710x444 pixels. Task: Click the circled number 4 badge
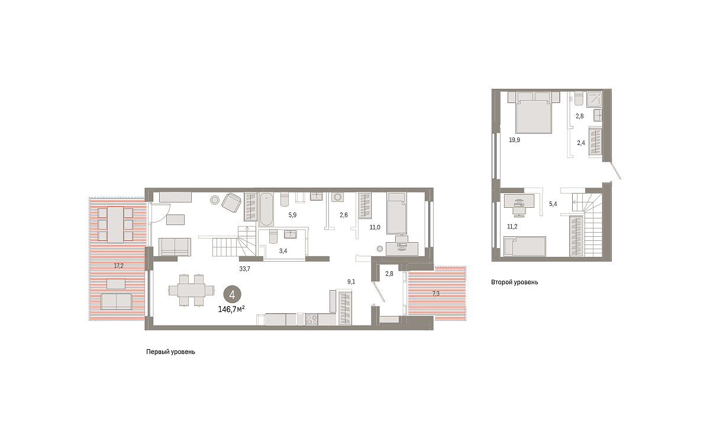tap(233, 295)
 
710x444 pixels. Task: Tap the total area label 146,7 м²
tap(231, 309)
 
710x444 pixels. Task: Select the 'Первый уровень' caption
tap(170, 352)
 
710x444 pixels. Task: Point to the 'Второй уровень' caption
tap(514, 282)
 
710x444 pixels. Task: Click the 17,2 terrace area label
tap(118, 266)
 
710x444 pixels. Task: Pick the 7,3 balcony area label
tap(436, 294)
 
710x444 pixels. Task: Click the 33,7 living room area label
tap(245, 269)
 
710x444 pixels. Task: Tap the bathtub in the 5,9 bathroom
tap(267, 209)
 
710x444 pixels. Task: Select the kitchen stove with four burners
tap(312, 319)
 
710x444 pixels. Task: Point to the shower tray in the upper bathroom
tap(594, 99)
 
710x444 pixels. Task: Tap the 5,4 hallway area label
tap(553, 204)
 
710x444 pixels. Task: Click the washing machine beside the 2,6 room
tap(338, 197)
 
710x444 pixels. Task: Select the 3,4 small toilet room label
tap(283, 251)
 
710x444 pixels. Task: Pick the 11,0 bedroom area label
tap(375, 227)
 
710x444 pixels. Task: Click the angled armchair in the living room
tap(231, 202)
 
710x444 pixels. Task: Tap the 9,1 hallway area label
tap(351, 282)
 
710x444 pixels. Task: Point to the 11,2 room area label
tap(512, 226)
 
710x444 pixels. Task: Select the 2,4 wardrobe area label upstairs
tap(581, 143)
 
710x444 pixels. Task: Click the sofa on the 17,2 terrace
tap(117, 301)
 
